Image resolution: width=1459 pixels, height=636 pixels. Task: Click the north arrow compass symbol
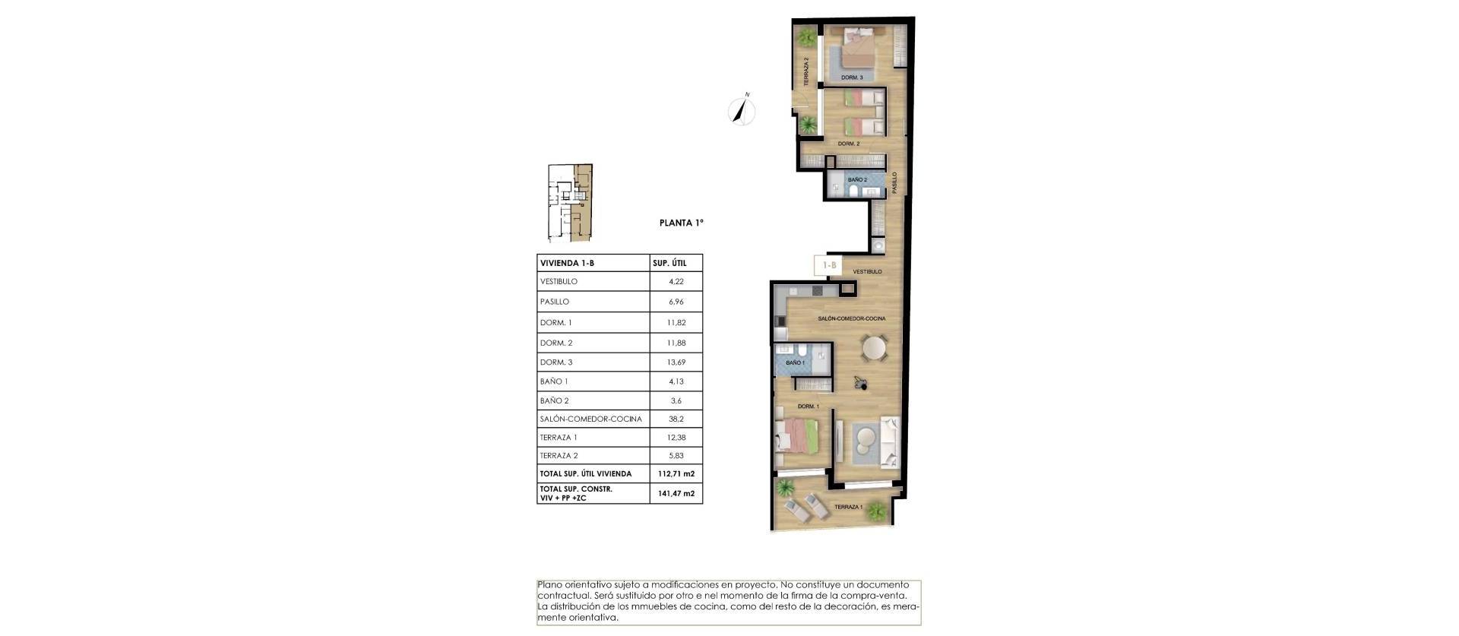point(742,111)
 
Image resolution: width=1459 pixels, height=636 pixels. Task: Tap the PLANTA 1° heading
point(681,223)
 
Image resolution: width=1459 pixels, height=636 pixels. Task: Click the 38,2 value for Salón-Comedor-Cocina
point(676,419)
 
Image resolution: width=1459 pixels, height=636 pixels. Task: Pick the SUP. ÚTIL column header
point(669,263)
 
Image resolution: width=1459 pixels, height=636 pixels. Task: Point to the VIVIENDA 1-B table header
point(567,263)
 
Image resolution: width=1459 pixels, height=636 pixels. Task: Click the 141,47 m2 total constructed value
point(676,493)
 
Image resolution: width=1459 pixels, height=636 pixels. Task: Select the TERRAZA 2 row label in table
point(559,456)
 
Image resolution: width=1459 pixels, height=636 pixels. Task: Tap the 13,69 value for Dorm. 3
point(676,362)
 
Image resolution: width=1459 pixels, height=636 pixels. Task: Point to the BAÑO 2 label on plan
point(857,180)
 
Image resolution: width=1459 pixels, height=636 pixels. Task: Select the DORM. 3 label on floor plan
point(852,78)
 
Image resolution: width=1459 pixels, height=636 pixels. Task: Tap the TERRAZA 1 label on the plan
point(848,507)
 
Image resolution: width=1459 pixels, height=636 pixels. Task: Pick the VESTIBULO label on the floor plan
point(867,271)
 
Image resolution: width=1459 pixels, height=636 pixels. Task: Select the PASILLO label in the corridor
point(894,182)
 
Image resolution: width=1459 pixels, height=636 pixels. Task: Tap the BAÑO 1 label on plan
point(795,363)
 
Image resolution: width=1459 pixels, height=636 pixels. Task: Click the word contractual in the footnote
point(563,596)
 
